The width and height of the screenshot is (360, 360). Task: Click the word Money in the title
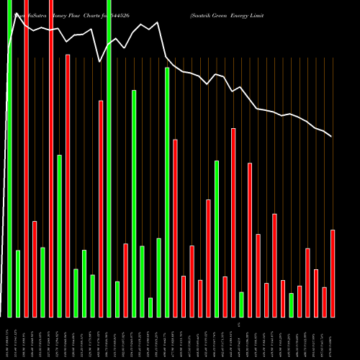62,14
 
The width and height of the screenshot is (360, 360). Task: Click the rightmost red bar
333,273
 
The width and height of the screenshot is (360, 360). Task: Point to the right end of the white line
332,136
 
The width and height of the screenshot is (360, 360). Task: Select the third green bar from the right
217,238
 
